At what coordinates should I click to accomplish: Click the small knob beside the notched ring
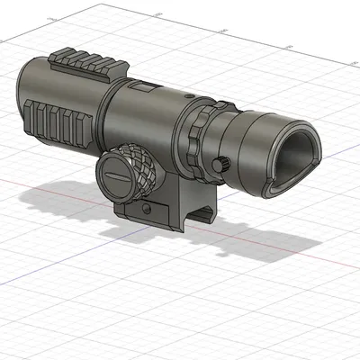click(221, 163)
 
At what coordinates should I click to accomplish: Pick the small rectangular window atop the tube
click(143, 88)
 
